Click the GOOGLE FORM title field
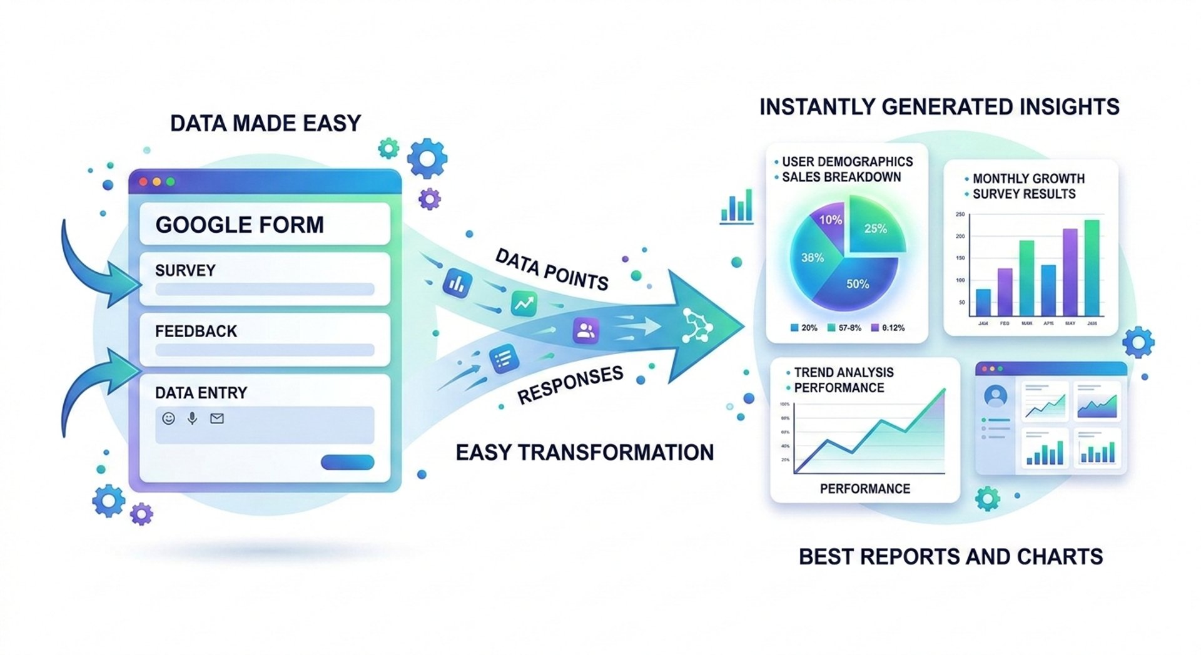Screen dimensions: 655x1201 coord(265,224)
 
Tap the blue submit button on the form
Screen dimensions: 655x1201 coord(347,462)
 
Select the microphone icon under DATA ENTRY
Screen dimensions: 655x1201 coord(192,419)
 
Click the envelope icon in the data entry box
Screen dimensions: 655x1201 coord(217,419)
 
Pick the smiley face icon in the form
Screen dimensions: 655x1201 coord(168,419)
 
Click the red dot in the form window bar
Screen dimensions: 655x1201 coord(143,182)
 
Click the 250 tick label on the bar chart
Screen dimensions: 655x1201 coord(960,215)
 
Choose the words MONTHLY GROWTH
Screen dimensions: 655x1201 coord(1028,178)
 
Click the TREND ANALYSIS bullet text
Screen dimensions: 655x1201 coord(844,372)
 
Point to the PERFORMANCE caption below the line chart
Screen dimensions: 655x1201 coord(864,489)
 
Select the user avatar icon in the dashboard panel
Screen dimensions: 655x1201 coord(995,396)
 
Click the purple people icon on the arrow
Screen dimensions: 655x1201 coord(585,330)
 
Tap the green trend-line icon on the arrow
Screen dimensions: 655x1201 coord(524,303)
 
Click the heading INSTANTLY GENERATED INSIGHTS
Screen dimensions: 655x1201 coord(939,107)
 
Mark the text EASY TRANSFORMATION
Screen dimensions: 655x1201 coord(584,452)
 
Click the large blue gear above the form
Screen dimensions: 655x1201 coord(427,158)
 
